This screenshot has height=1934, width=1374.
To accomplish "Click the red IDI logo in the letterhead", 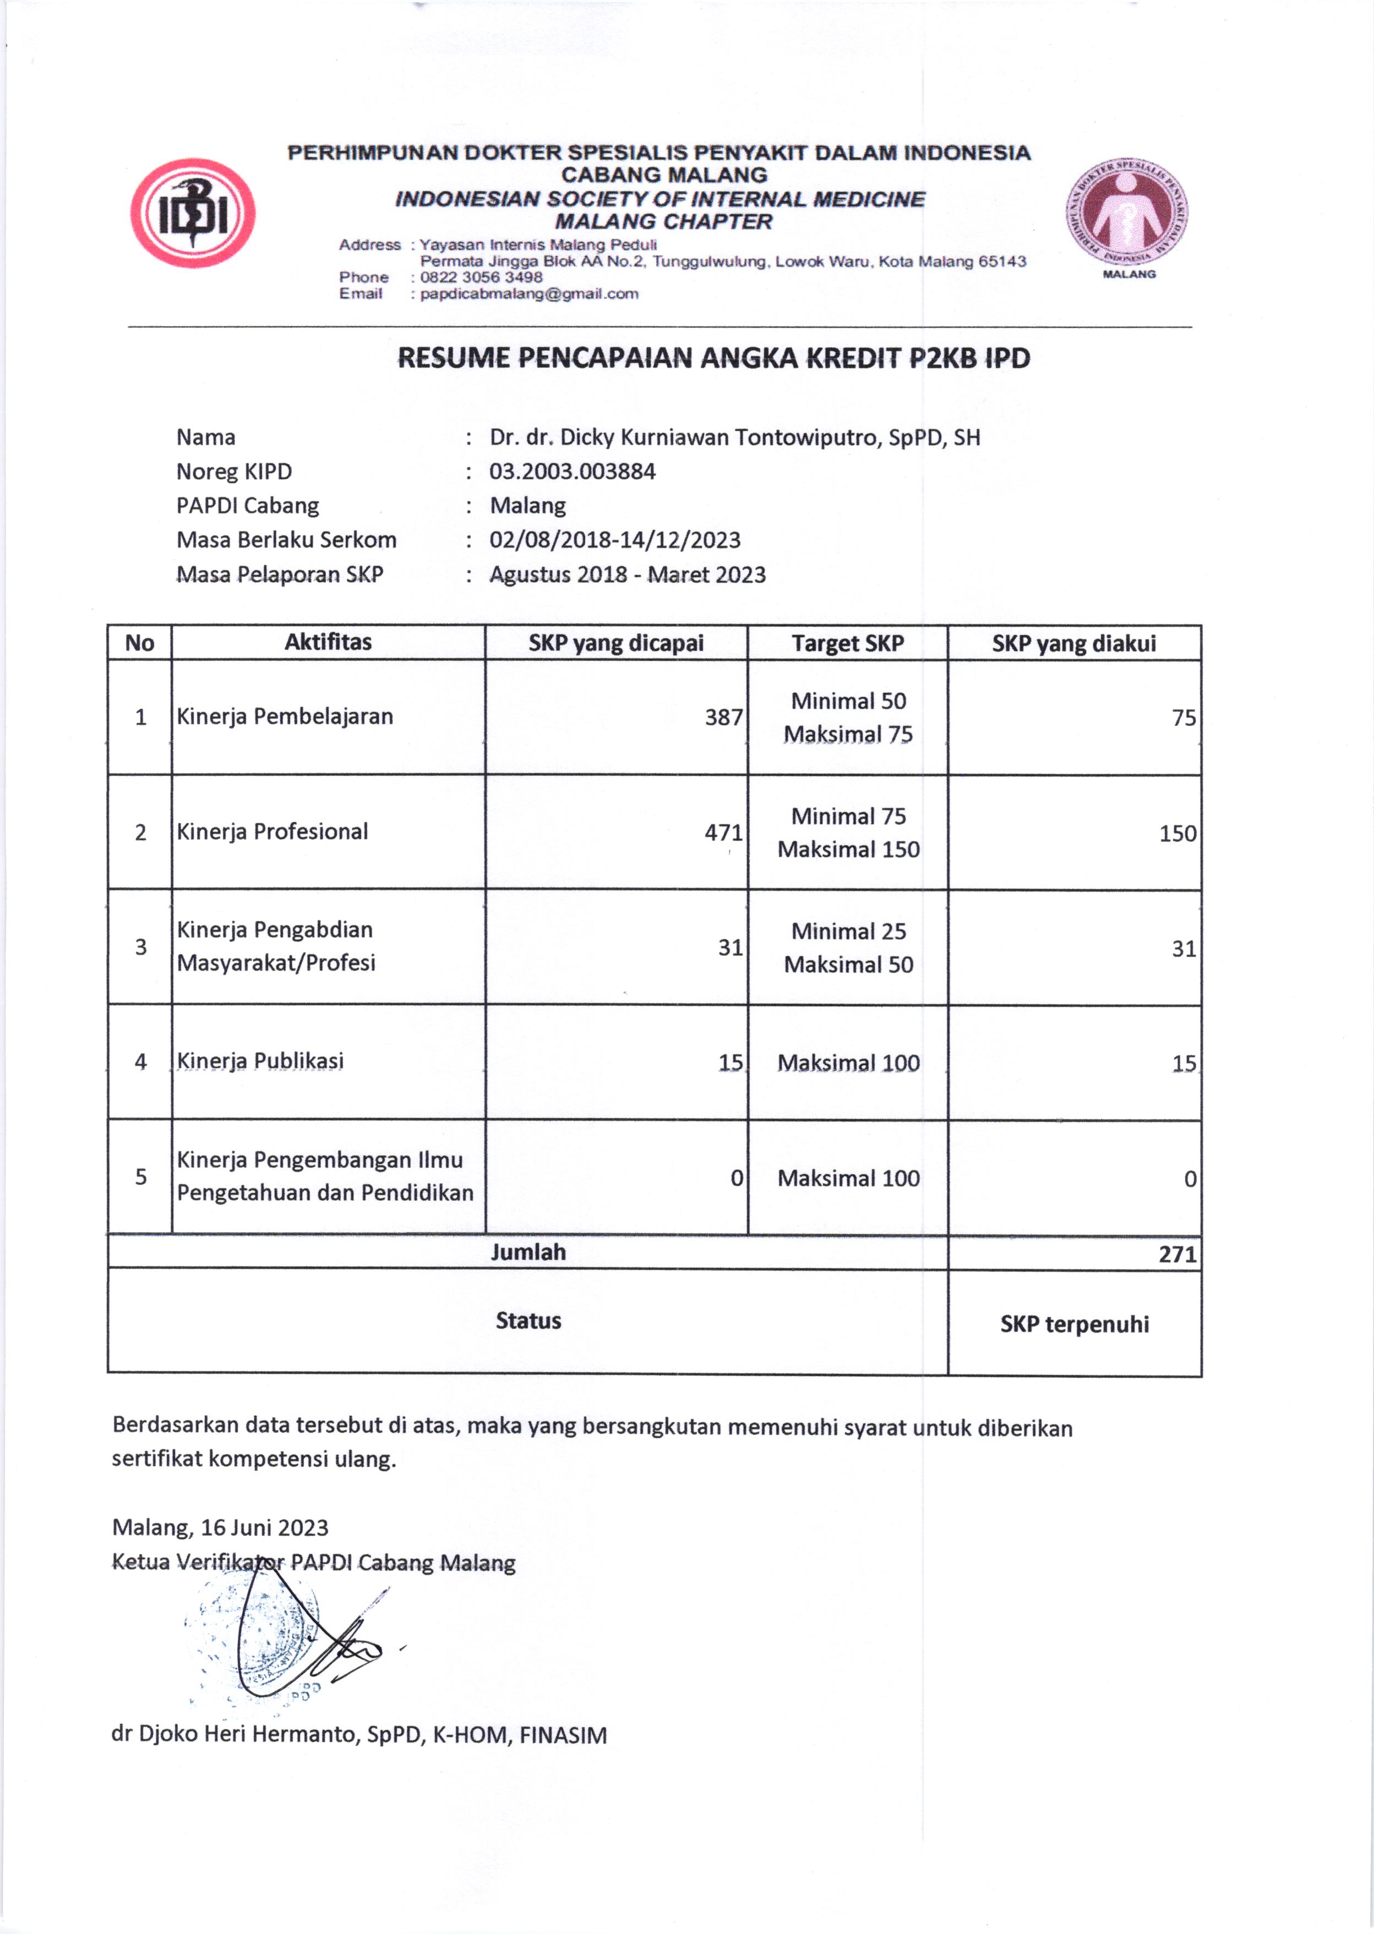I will [x=192, y=213].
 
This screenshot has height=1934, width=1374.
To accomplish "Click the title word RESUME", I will [x=454, y=359].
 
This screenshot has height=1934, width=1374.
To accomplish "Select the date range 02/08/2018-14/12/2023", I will [x=614, y=540].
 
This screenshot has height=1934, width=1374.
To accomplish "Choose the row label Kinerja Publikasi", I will [x=260, y=1061].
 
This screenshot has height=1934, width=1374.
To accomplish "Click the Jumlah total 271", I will [x=1177, y=1254].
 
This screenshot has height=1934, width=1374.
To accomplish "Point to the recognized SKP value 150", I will [x=1177, y=834].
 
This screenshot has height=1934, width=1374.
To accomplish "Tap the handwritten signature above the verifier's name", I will [x=313, y=1645].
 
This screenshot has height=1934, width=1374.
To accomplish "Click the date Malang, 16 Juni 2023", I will [x=220, y=1527].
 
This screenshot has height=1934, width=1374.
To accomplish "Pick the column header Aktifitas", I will [x=328, y=642].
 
